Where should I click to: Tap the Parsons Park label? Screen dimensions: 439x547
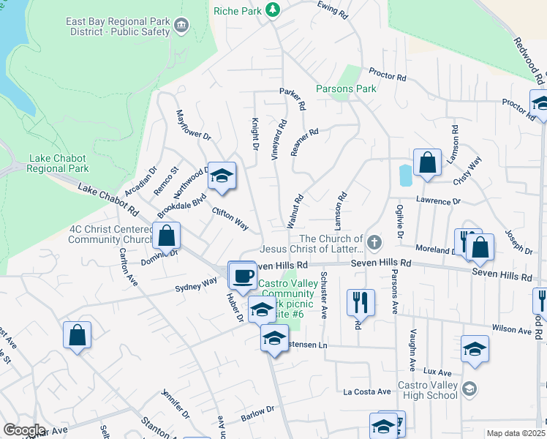[x=346, y=89]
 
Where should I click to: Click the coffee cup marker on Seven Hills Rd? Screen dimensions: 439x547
[x=243, y=276]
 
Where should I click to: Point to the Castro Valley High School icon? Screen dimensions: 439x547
[x=469, y=389]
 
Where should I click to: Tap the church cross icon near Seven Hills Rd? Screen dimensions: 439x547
[x=374, y=241]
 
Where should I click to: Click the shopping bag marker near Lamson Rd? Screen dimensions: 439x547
[x=427, y=163]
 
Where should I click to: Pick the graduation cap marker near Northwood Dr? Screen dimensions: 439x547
[x=222, y=176]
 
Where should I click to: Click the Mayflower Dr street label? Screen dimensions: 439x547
[x=193, y=124]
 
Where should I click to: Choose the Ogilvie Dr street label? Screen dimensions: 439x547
[x=400, y=222]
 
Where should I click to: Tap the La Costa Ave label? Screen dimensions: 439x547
[x=367, y=392]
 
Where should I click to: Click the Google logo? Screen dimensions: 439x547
[x=23, y=430]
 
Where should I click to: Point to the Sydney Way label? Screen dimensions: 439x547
[x=196, y=283]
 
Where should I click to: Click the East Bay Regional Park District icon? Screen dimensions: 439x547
[x=182, y=27]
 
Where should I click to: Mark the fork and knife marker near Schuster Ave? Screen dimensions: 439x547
[x=361, y=302]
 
